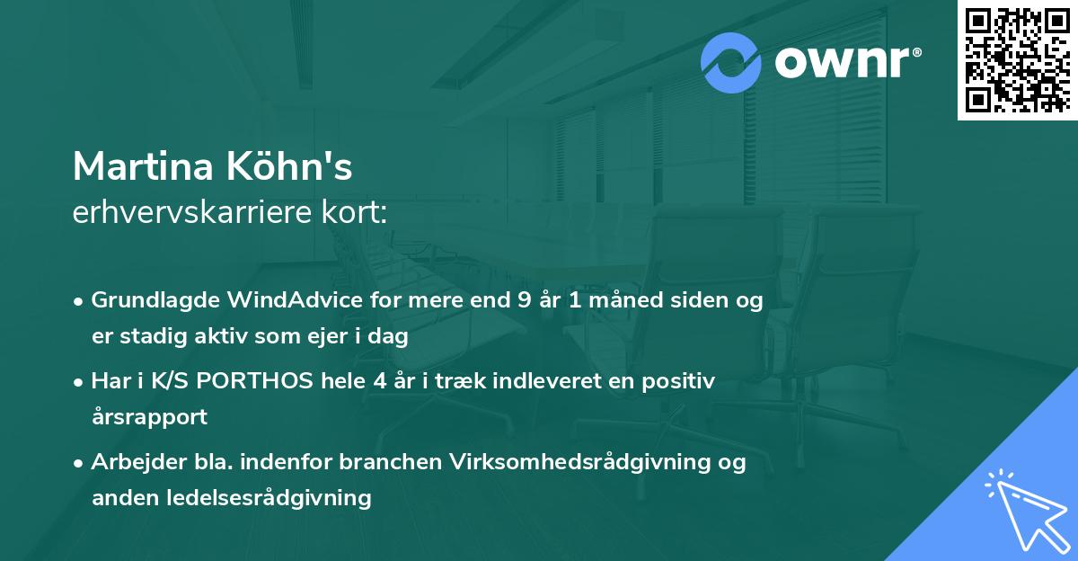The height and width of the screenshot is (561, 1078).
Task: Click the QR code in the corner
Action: (x=1017, y=59)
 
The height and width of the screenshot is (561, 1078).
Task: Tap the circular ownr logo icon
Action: (x=731, y=63)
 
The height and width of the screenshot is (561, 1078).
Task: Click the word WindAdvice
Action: (x=296, y=300)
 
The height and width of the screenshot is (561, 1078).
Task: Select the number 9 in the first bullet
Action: (x=524, y=300)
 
